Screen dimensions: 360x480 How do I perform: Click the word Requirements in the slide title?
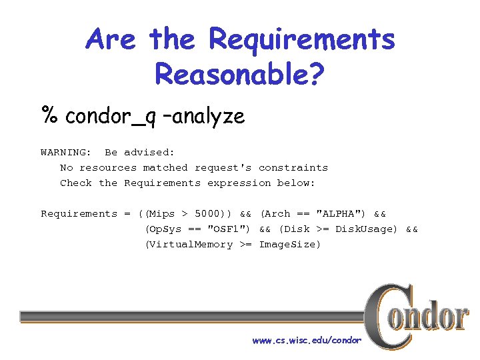click(x=302, y=39)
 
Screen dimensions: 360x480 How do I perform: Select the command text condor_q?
click(x=111, y=117)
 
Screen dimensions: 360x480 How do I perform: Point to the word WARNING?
click(x=66, y=152)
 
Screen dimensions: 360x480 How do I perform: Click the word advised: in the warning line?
click(x=149, y=152)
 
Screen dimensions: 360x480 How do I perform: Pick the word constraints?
click(x=293, y=167)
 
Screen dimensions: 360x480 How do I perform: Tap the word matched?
click(x=165, y=167)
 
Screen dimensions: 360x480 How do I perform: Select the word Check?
click(x=76, y=183)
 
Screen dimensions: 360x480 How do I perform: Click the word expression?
click(x=239, y=183)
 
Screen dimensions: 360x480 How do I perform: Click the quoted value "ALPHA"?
click(x=341, y=213)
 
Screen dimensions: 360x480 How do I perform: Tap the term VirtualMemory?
click(x=191, y=244)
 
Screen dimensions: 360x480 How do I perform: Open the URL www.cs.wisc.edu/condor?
click(x=306, y=340)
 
